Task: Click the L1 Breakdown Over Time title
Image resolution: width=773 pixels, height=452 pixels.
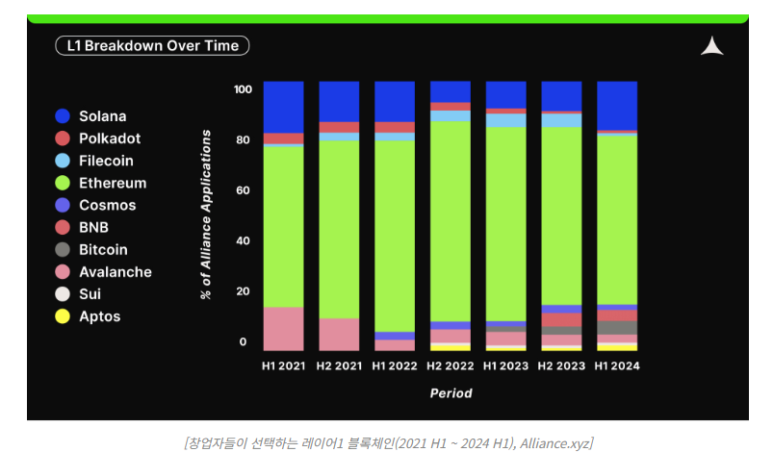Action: tap(153, 45)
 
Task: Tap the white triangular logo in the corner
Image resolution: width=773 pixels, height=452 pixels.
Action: tap(711, 46)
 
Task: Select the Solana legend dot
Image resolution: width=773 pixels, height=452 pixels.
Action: tap(63, 116)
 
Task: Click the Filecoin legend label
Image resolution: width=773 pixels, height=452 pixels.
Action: tap(106, 161)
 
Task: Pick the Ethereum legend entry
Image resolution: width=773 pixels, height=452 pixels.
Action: tap(113, 183)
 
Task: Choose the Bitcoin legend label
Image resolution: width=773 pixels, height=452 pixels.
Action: tap(103, 250)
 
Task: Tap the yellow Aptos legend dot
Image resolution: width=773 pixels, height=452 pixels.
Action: tap(63, 316)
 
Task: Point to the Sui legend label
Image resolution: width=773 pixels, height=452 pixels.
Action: tap(90, 294)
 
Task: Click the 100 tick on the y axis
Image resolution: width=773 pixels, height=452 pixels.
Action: tap(243, 89)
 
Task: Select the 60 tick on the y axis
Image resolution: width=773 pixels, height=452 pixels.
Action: tap(245, 190)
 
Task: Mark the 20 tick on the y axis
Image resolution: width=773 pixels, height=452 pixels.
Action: tap(245, 291)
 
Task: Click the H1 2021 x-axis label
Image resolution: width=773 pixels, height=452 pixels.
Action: tap(283, 365)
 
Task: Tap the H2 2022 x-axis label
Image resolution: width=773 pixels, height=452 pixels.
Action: tap(450, 365)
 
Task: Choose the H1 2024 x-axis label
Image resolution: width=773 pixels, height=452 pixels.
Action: tap(617, 365)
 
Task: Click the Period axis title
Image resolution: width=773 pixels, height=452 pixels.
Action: tap(451, 392)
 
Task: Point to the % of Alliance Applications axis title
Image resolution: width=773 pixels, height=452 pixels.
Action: tap(206, 214)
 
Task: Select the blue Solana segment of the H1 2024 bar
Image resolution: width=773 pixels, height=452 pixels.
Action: tap(617, 105)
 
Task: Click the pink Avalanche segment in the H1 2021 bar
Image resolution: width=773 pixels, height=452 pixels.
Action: tap(283, 328)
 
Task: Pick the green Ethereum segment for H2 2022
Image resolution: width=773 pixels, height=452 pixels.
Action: tap(450, 220)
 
